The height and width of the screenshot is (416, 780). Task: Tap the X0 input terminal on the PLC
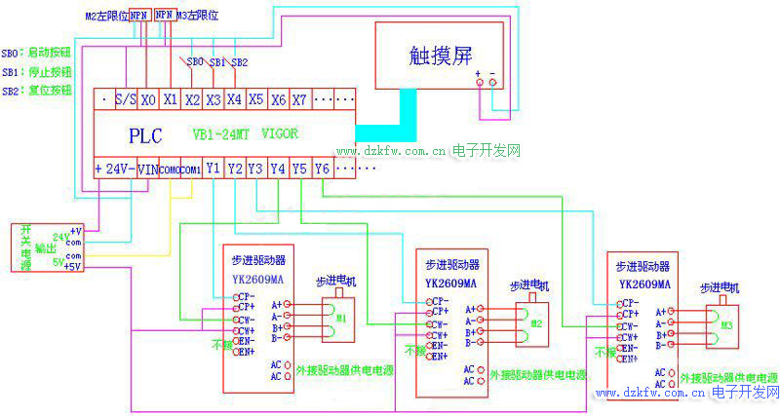tap(147, 99)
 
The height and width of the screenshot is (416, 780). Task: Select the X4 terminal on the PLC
tap(234, 99)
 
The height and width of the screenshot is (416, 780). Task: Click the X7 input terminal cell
tap(299, 99)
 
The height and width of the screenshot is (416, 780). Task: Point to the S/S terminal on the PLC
tap(125, 99)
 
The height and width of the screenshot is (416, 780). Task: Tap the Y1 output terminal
tap(213, 169)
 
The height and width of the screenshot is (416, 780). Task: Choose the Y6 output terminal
tap(323, 169)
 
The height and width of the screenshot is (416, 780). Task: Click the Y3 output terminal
tap(255, 169)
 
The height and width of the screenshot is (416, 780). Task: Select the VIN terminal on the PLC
tap(147, 169)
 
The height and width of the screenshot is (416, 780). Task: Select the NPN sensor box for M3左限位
tap(164, 17)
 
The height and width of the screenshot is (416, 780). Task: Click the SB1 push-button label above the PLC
tap(217, 62)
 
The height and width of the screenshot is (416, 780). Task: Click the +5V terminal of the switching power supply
tap(73, 265)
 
